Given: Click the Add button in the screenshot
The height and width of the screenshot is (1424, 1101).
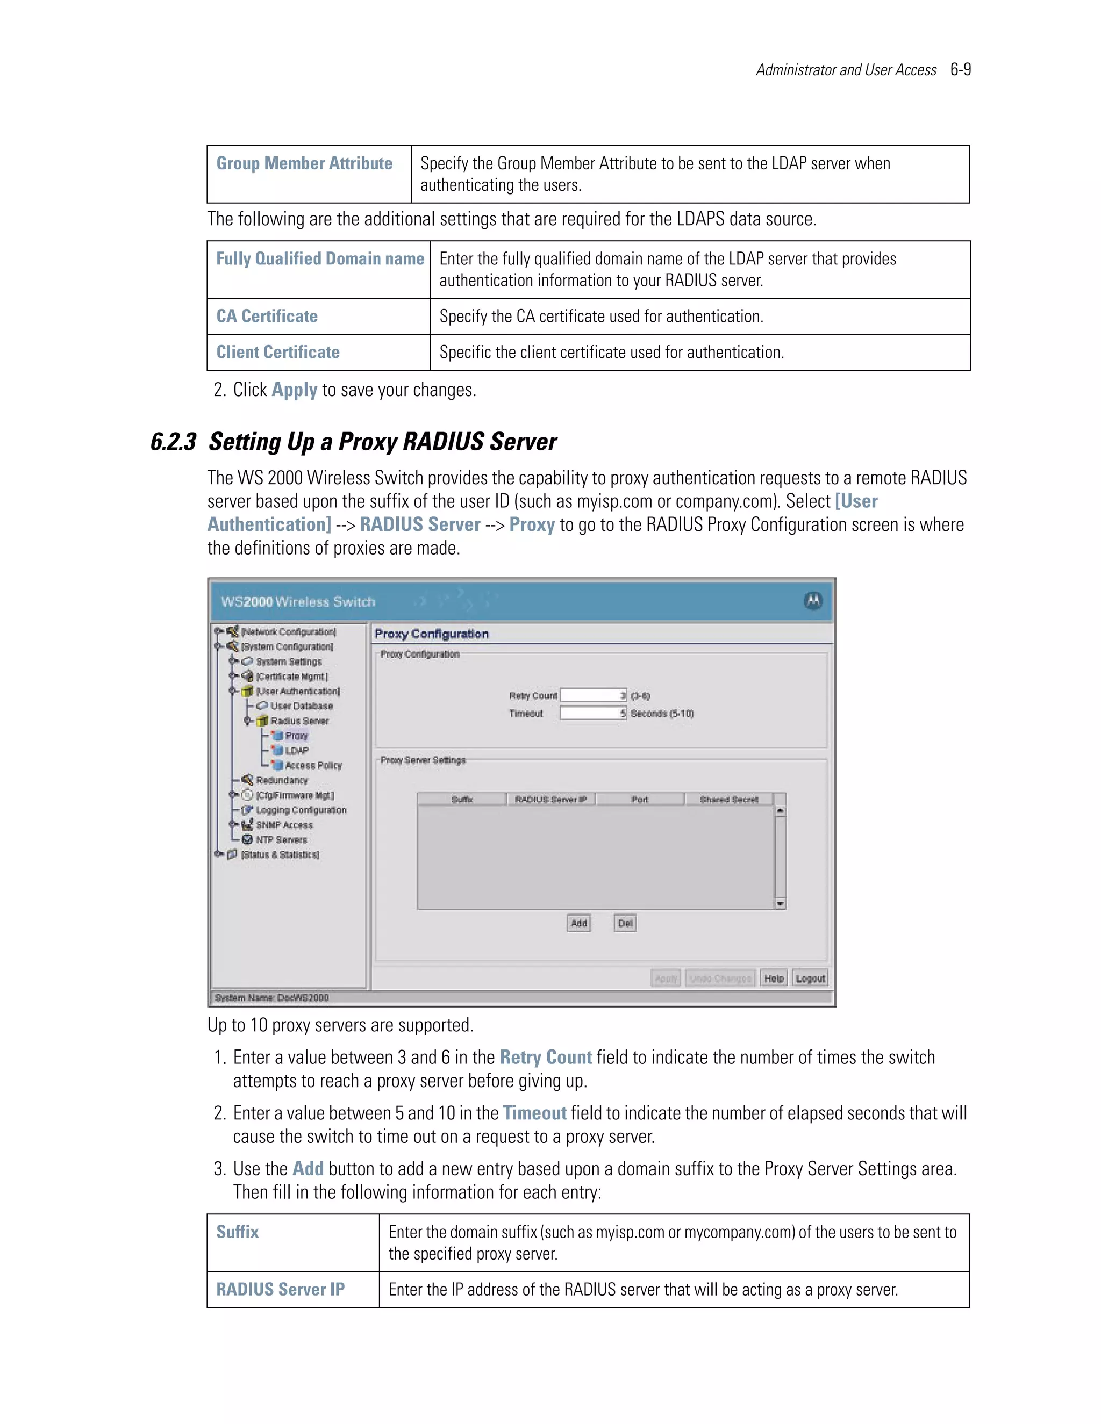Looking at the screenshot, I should [578, 923].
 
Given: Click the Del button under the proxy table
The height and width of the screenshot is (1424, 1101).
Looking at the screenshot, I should [625, 923].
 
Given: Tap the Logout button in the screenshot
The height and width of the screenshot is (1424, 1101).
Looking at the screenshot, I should [810, 978].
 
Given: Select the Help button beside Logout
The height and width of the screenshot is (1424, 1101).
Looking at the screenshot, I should [774, 978].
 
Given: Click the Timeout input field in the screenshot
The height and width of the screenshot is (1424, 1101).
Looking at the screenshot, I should [593, 713].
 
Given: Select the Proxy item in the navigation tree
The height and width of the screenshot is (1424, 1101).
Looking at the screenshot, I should [296, 736].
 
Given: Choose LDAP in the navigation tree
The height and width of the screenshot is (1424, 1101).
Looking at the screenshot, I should [297, 751].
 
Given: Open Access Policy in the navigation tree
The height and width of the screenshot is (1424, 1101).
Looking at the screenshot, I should [313, 765].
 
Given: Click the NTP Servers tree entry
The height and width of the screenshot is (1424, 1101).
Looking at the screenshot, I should [281, 840].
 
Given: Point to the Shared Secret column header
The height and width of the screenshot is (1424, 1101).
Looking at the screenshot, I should [728, 800].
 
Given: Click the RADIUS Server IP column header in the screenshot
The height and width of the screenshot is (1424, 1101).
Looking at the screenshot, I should [550, 800].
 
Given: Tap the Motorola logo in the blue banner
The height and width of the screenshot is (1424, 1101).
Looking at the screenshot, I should [813, 601].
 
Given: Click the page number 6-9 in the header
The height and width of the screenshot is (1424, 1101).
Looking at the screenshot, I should [960, 70].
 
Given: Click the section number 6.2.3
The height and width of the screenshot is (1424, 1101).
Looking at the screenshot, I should [173, 442].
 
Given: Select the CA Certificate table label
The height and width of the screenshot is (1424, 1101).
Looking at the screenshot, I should [267, 316].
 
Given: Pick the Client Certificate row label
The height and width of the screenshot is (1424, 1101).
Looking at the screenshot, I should [278, 352].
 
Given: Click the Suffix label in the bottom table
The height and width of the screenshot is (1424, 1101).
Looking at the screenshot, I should [238, 1232].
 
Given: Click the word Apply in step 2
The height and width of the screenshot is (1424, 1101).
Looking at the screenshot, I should [294, 390].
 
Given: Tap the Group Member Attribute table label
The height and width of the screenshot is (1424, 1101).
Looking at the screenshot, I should [304, 164].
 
